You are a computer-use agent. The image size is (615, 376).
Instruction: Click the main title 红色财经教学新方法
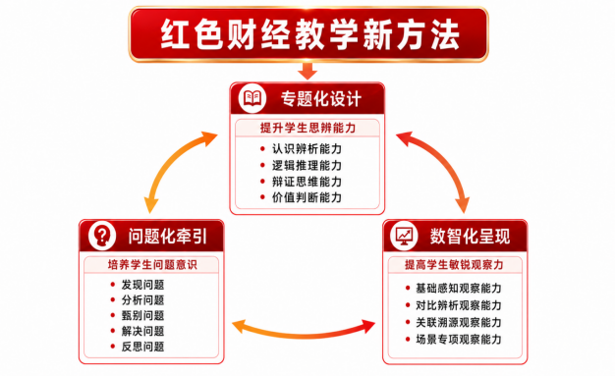point(309,34)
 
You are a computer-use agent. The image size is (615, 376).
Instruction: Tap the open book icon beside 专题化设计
point(252,97)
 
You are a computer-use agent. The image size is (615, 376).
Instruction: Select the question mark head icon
point(102,236)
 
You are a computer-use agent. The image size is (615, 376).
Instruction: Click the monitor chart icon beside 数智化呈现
point(404,236)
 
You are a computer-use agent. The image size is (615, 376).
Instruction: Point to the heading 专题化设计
point(321,99)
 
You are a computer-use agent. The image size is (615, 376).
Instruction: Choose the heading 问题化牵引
point(168,237)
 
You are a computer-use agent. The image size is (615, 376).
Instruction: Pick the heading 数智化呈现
point(470,237)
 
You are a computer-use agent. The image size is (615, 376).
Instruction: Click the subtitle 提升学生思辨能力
point(307,128)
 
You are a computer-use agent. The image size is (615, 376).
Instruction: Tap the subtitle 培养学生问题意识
point(152,265)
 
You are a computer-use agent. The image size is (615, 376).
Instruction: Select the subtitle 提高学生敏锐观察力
point(454,265)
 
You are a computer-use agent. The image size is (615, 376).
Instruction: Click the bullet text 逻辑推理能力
point(307,166)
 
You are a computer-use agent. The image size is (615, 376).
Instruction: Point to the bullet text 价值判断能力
point(307,197)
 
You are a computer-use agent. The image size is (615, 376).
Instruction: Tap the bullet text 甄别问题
point(142,315)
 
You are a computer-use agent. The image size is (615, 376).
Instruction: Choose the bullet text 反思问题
point(142,347)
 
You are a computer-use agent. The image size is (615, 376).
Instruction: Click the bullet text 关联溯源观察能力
point(459,322)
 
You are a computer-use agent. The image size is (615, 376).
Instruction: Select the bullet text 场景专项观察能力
point(459,339)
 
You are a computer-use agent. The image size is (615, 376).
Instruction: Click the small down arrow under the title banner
point(307,71)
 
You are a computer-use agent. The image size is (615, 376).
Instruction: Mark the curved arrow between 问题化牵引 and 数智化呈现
point(304,335)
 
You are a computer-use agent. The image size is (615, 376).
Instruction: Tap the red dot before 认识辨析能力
point(262,148)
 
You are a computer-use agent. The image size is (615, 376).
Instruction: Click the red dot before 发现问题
point(113,285)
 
